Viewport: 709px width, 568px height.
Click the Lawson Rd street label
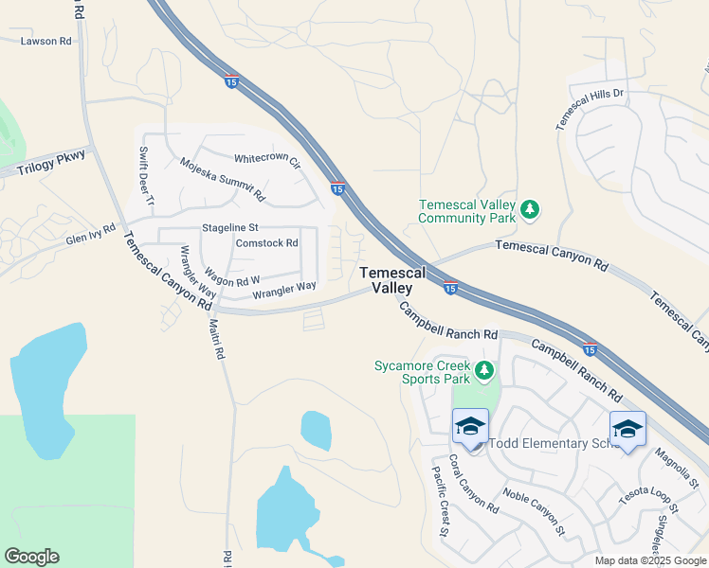[x=46, y=42]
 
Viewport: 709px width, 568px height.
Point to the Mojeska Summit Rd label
[x=223, y=179]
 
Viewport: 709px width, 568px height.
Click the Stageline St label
[x=230, y=228]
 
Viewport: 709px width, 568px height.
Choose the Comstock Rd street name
[x=266, y=243]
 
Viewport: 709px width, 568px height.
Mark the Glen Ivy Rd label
[x=90, y=234]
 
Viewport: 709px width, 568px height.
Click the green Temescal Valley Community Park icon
[x=531, y=210]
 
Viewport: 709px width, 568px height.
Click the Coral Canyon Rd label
[x=473, y=484]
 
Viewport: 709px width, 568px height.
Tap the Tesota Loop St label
[x=649, y=499]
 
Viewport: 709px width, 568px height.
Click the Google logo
[x=31, y=557]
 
